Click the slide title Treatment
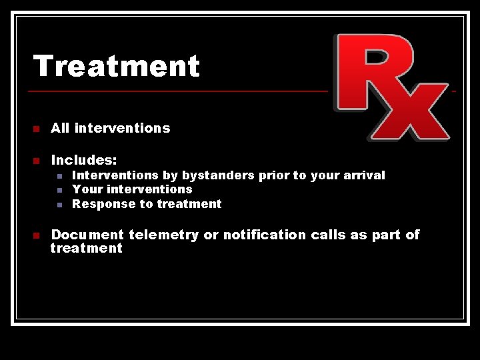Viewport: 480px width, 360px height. (117, 66)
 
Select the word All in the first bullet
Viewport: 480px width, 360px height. (60, 128)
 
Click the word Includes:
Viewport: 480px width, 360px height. (84, 160)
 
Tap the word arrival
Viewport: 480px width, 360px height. (364, 175)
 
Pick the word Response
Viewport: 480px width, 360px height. (98, 204)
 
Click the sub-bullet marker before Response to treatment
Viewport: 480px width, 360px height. (59, 205)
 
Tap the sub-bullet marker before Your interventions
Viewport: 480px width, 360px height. (59, 190)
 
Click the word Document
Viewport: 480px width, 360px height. (87, 235)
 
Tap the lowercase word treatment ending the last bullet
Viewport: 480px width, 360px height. (87, 249)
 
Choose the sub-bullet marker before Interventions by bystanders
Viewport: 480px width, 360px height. (59, 176)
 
